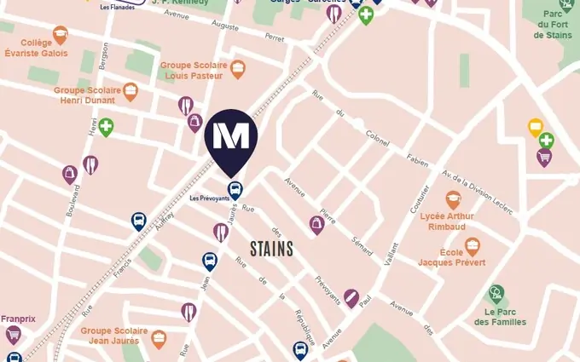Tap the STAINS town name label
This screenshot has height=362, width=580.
click(272, 249)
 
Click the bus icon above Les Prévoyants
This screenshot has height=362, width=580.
click(235, 191)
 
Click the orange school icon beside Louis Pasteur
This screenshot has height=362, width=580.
click(238, 70)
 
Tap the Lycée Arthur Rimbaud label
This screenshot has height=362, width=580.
click(447, 221)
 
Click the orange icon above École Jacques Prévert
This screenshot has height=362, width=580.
click(472, 246)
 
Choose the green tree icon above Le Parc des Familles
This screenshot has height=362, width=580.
click(496, 295)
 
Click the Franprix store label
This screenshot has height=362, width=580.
click(18, 319)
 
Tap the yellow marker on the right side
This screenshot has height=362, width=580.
click(536, 128)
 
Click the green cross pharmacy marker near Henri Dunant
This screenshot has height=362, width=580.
click(106, 128)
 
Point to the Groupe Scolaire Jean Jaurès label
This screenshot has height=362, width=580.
click(114, 336)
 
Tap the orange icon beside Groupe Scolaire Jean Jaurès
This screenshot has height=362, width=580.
click(159, 340)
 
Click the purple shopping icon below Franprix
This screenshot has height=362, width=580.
click(13, 335)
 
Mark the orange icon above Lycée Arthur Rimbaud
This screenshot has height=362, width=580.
click(453, 200)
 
